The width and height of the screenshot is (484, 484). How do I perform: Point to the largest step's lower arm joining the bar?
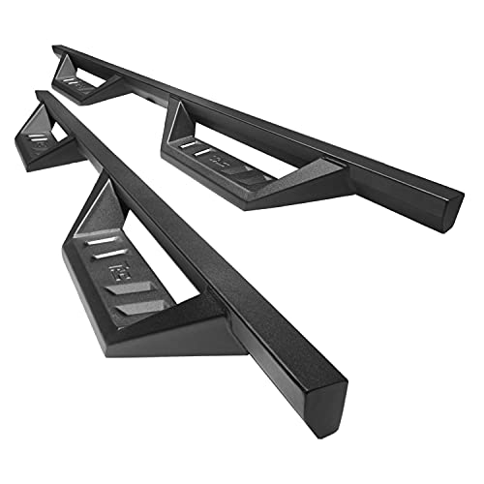tap(218, 319)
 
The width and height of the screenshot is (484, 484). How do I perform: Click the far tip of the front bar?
tap(39, 94)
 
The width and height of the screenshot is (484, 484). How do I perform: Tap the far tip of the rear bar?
tap(57, 46)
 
